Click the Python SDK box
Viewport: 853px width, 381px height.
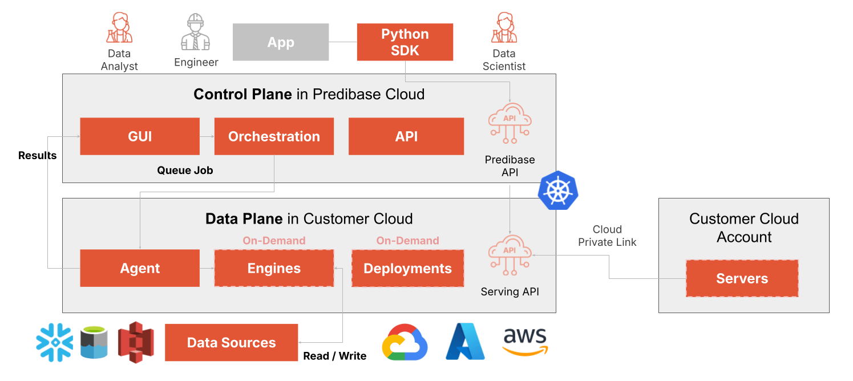(x=405, y=42)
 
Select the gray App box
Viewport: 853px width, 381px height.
(x=281, y=42)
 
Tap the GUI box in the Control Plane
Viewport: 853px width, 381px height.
(x=140, y=136)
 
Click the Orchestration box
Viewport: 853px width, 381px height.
(x=274, y=136)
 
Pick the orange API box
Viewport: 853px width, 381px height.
(x=406, y=136)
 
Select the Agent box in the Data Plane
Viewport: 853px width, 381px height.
(x=140, y=268)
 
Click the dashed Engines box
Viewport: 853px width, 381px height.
(x=274, y=268)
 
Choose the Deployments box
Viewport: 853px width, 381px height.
(x=407, y=268)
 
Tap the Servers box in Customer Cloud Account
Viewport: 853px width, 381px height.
(x=742, y=278)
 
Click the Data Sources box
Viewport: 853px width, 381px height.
(x=231, y=343)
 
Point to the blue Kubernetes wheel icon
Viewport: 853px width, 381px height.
(x=557, y=189)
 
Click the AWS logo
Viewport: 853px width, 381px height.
(x=525, y=342)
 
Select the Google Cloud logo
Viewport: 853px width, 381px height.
(x=404, y=342)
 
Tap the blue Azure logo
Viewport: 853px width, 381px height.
(x=465, y=342)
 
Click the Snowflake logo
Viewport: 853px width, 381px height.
(x=54, y=342)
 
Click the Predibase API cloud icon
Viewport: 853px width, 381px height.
(x=510, y=123)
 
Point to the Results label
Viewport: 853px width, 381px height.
(x=38, y=156)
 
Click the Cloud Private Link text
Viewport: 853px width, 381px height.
(x=607, y=236)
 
